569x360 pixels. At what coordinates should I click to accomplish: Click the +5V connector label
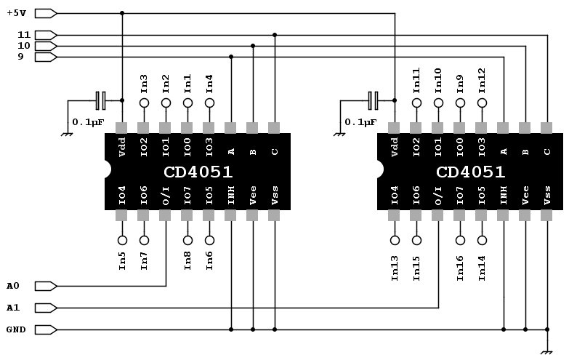tap(17, 13)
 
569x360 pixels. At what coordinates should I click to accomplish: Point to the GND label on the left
tap(16, 329)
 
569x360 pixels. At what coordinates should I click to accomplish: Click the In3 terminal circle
tap(144, 103)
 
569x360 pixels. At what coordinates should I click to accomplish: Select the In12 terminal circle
tap(482, 103)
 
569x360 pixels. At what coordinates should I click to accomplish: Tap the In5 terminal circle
tap(122, 240)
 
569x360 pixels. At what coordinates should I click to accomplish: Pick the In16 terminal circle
tap(460, 240)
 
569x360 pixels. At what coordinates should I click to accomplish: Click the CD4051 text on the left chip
tap(198, 172)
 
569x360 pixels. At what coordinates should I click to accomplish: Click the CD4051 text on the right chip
tap(470, 172)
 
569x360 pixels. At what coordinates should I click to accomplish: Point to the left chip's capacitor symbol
tap(101, 100)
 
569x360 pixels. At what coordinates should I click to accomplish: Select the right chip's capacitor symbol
tap(374, 100)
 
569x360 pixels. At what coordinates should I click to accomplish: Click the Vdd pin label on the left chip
tap(122, 147)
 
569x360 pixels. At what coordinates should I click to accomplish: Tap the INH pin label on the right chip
tap(504, 195)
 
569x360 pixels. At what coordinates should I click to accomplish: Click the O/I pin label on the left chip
tap(166, 195)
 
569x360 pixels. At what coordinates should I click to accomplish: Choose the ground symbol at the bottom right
tap(547, 350)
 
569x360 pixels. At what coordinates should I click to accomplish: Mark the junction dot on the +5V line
tap(122, 13)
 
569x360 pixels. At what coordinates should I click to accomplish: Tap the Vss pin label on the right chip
tap(547, 195)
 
